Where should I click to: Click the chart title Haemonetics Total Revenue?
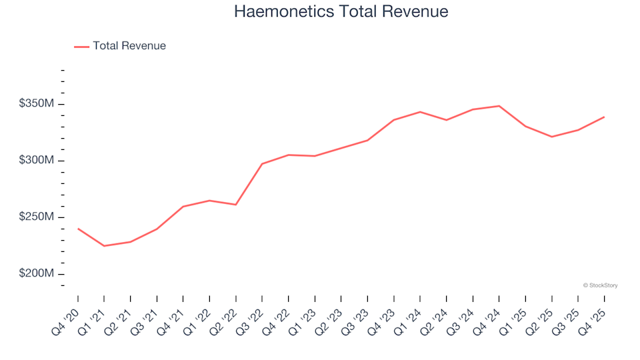pos(341,12)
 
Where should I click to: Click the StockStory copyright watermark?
pos(600,285)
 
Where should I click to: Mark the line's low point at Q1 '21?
pos(104,246)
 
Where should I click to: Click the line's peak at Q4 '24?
pos(499,106)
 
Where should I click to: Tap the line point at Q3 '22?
pos(262,163)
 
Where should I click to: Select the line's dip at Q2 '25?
pos(551,137)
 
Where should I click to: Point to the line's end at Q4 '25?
pos(604,117)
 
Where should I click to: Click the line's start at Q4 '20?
pos(78,229)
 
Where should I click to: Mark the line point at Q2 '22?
pos(236,205)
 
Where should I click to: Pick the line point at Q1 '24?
pos(420,112)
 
